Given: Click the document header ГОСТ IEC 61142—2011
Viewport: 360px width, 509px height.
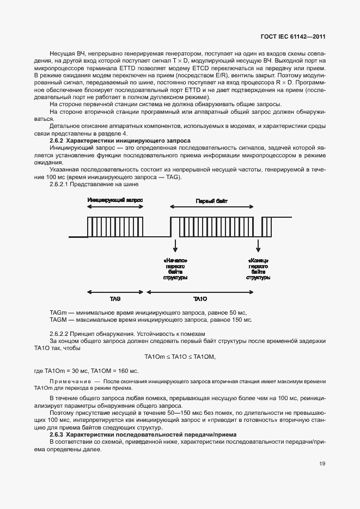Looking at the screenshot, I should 293,37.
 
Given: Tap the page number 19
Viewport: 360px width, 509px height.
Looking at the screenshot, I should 322,463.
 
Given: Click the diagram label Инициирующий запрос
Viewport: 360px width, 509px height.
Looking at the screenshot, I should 115,200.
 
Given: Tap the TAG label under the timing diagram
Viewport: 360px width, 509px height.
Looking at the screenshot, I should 115,299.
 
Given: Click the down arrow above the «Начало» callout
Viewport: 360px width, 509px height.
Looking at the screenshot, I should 175,244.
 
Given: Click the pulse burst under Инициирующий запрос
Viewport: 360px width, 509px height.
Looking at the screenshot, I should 115,226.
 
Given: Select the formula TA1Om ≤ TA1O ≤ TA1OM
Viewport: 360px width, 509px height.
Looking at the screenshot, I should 180,357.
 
